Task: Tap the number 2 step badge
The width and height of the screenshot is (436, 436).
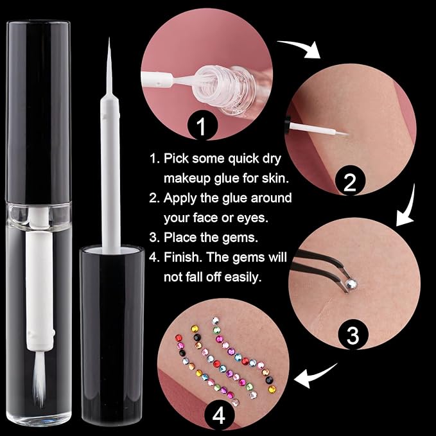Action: click(350, 182)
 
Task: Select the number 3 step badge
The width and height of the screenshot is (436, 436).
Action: click(353, 335)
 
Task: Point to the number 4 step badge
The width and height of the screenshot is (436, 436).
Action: click(220, 416)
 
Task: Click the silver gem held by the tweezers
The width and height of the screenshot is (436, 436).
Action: click(351, 283)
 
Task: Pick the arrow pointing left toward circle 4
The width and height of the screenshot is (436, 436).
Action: click(314, 376)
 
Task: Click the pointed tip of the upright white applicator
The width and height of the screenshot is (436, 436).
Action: click(109, 38)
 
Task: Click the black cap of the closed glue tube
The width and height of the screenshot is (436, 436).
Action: click(38, 111)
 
